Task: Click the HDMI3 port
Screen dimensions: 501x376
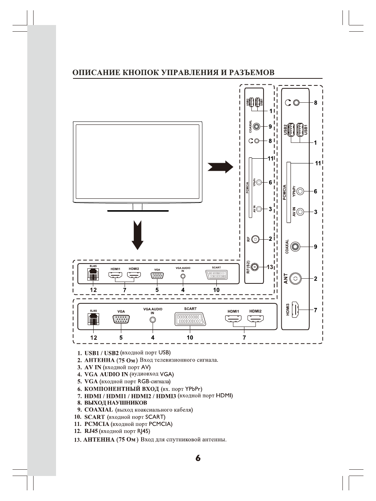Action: click(x=295, y=310)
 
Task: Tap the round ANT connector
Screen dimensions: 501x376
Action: click(x=295, y=279)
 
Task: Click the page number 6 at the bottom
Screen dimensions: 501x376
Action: click(x=198, y=458)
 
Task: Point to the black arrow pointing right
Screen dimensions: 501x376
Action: click(x=220, y=167)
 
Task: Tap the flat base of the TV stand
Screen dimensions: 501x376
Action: click(x=138, y=211)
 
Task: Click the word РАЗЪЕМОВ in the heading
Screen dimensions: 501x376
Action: click(x=252, y=73)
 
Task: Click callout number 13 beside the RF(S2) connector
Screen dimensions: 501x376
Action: click(x=270, y=267)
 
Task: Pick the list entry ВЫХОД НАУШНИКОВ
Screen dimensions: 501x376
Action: click(x=115, y=403)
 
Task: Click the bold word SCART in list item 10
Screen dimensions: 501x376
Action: click(x=94, y=417)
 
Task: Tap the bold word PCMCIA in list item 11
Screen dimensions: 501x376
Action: click(x=97, y=424)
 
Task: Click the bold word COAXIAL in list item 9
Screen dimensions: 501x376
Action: click(x=98, y=410)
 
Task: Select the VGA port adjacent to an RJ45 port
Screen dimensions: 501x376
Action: click(x=121, y=320)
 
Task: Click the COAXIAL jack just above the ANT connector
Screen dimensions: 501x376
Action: click(x=295, y=246)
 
